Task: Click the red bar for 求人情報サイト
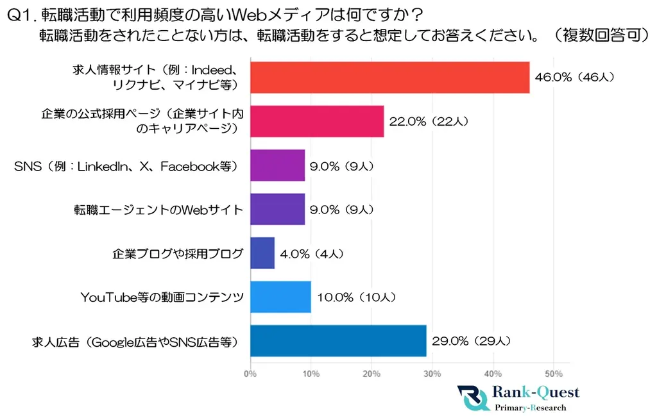389,78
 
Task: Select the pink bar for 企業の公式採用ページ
317,122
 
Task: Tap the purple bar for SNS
277,165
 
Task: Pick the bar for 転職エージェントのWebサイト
277,209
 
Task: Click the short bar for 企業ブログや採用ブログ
262,253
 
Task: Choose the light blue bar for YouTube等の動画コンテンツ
280,297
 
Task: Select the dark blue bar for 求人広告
338,340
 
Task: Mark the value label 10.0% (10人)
357,297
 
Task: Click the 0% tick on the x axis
250,373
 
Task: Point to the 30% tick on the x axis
432,373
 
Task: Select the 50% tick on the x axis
554,373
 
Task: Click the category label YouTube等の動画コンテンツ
162,297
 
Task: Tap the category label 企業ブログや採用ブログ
178,253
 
